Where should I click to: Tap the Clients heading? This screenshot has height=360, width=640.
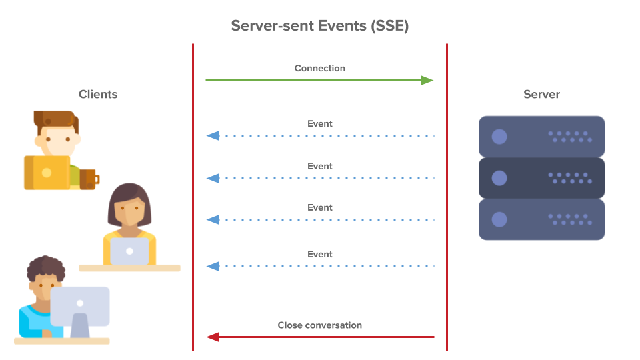tap(98, 94)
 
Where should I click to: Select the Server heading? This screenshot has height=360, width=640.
tap(541, 94)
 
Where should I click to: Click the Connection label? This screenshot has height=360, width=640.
tap(320, 68)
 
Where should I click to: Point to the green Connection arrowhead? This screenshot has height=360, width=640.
tap(427, 80)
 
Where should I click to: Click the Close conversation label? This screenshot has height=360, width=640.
tap(320, 325)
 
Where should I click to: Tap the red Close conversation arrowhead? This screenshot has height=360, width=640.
tap(213, 337)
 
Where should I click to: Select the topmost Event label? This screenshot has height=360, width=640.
tap(320, 123)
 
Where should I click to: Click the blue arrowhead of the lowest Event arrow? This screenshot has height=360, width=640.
tap(213, 266)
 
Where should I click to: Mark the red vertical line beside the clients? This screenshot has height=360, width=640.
tap(193, 200)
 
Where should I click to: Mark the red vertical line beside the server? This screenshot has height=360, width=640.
tap(447, 200)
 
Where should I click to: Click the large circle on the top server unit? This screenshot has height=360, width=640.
tap(499, 137)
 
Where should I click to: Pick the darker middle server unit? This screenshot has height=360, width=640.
tap(541, 178)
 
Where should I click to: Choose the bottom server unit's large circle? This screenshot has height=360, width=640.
tap(499, 219)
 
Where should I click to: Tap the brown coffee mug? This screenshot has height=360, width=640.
tap(89, 179)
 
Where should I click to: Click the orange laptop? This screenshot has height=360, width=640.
tap(47, 173)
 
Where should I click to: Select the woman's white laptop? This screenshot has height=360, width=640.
tap(129, 251)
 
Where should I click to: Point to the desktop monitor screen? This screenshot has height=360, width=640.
tap(80, 305)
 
